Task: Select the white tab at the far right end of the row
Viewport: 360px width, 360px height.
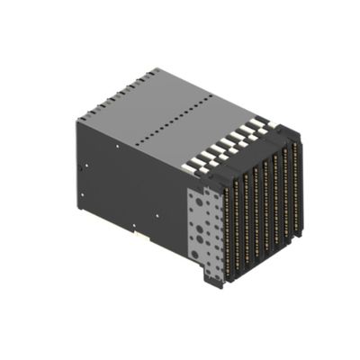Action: pos(262,121)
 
